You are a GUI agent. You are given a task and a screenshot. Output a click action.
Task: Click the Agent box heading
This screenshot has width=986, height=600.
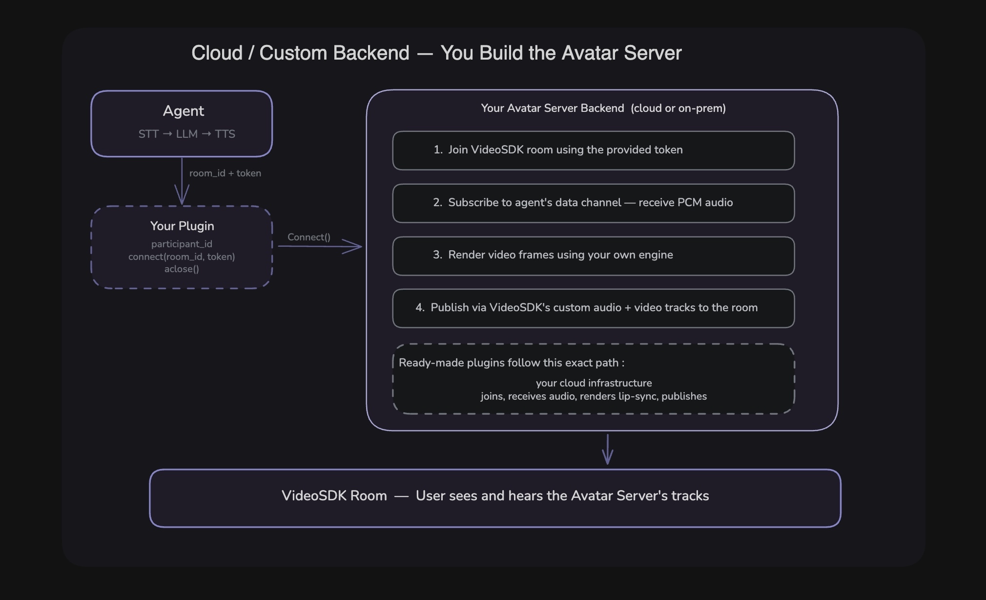point(183,111)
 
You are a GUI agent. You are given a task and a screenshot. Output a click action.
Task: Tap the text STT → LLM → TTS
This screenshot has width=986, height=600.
point(186,134)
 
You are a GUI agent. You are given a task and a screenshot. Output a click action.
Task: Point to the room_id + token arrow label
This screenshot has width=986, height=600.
point(225,173)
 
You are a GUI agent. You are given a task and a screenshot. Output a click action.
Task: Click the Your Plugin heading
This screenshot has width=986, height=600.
point(182,226)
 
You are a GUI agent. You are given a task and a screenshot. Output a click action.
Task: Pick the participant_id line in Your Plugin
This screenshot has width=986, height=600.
point(182,244)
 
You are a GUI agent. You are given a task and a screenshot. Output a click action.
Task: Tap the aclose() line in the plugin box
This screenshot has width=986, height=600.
point(182,269)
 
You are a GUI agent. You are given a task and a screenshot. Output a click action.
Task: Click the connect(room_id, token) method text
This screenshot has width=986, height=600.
point(182,257)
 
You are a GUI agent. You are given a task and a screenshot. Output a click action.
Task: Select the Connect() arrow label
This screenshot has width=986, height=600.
point(308,237)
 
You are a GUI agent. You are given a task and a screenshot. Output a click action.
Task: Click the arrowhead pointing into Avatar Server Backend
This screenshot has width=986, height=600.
point(354,246)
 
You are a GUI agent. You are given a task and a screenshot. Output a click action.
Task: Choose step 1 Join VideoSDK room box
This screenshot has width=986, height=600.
point(593,150)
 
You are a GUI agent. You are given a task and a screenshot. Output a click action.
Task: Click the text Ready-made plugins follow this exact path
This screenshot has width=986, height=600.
point(511,363)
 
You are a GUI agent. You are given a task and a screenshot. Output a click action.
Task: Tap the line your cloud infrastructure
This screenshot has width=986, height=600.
point(594,383)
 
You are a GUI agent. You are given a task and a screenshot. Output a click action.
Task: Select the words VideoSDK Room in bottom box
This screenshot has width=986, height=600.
point(334,495)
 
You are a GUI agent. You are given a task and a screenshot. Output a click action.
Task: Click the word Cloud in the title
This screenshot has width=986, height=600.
point(217,53)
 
